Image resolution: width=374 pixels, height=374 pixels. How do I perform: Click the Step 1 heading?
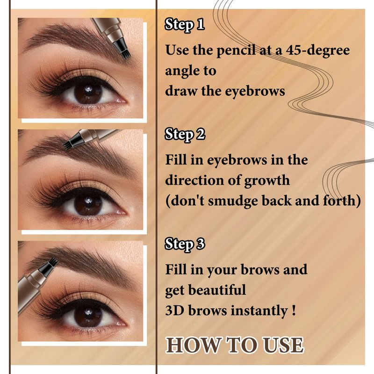(x=184, y=24)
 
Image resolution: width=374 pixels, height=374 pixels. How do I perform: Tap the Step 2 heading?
(x=185, y=134)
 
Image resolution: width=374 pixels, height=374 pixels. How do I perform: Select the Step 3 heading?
(x=185, y=244)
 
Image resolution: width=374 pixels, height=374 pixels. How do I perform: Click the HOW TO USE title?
(x=235, y=345)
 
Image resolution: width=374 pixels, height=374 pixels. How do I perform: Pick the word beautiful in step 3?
(x=217, y=290)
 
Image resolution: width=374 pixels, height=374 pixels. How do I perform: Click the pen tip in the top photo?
(x=124, y=51)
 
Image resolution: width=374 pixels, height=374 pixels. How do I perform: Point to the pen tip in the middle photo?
(x=68, y=144)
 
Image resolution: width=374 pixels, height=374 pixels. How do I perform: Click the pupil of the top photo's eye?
(x=88, y=92)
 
